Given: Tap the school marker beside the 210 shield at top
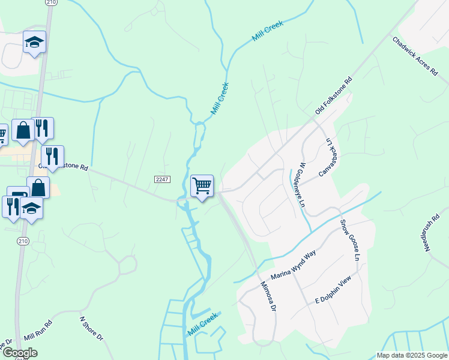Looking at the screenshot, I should coord(34,42).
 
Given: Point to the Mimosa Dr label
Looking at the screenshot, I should coord(268,297).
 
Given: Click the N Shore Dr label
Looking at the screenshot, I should coord(92,329).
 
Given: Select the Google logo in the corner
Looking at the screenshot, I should coord(19,353).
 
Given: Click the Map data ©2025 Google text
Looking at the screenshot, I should coord(412,355).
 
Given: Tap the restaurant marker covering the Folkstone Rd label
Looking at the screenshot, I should coord(52,157).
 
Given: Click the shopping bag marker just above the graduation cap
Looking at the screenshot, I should coord(38,187).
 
